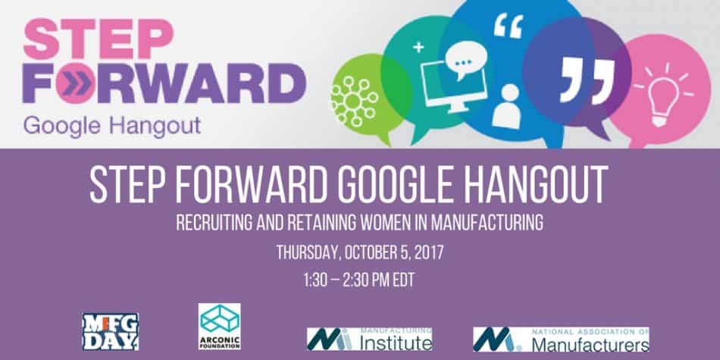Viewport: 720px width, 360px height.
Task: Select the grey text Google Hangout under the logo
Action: pyautogui.click(x=111, y=124)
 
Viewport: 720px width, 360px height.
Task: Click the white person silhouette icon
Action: pyautogui.click(x=506, y=106)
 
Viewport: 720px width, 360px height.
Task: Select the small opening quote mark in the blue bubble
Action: pyautogui.click(x=503, y=26)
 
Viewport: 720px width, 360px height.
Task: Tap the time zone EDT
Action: pyautogui.click(x=402, y=278)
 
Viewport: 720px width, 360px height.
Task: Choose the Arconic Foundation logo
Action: pyautogui.click(x=220, y=326)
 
